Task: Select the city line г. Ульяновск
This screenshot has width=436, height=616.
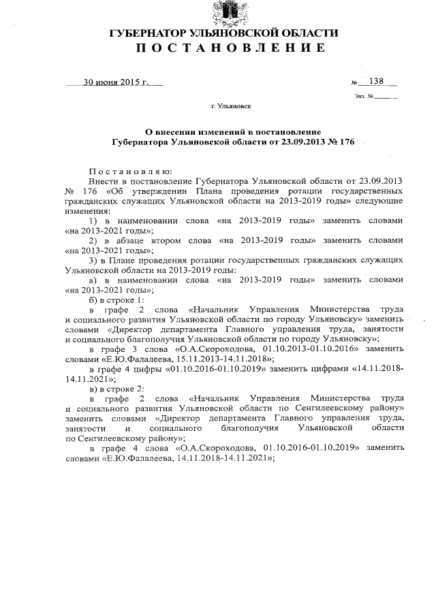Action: [231, 107]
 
